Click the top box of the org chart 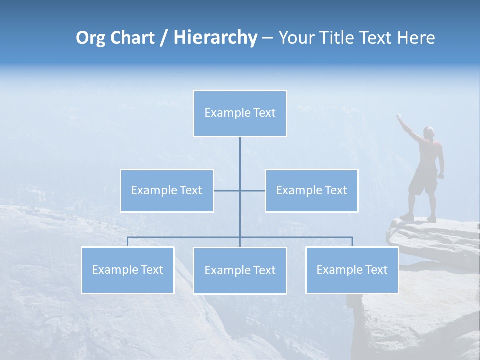(x=240, y=113)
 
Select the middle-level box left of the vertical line (x=167, y=190)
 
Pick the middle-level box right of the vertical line (x=311, y=190)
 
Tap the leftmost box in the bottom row (x=127, y=270)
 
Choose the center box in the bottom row (x=240, y=270)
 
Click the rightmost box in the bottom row (x=352, y=270)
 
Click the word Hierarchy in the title (x=215, y=38)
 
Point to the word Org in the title (x=91, y=38)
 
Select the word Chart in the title (x=132, y=38)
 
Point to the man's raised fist (x=399, y=117)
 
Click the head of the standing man (x=429, y=132)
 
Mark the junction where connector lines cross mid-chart (x=240, y=190)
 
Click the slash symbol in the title (x=163, y=38)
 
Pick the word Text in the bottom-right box (x=376, y=270)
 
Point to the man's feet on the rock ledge (x=419, y=218)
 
